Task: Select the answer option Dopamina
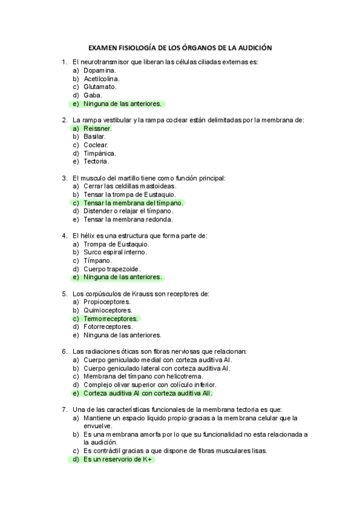pyautogui.click(x=100, y=70)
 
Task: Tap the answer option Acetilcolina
pyautogui.click(x=102, y=79)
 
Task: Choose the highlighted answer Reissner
pyautogui.click(x=98, y=128)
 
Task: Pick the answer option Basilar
pyautogui.click(x=94, y=137)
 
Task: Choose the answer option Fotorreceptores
pyautogui.click(x=110, y=327)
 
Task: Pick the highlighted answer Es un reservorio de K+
pyautogui.click(x=118, y=459)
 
